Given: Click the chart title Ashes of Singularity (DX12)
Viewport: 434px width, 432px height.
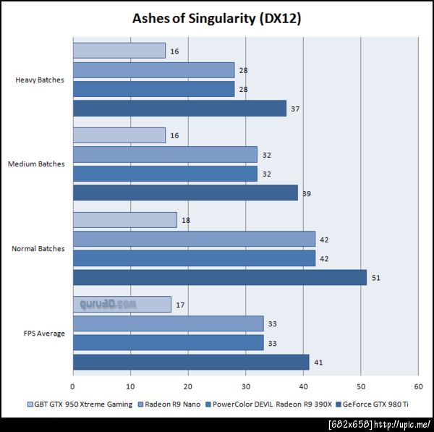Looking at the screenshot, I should [x=216, y=20].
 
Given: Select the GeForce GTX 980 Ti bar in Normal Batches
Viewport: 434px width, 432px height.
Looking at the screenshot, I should [x=220, y=277].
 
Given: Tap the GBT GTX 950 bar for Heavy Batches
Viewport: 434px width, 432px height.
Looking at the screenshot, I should [x=119, y=51].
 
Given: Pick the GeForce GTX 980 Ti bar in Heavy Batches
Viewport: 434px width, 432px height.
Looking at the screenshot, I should [x=179, y=109].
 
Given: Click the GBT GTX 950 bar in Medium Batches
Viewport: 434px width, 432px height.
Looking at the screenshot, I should [x=119, y=135].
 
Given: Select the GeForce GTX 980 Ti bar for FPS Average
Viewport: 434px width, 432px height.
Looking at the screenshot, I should [x=191, y=362].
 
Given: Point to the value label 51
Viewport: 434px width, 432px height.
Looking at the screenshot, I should [x=376, y=278].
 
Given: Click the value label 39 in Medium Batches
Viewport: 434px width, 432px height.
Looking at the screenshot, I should [x=307, y=193].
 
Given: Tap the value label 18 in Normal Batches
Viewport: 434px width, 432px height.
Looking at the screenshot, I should [x=186, y=220].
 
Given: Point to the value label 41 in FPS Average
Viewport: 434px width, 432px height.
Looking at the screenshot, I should [x=318, y=363].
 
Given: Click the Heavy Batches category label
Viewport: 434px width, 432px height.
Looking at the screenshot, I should [x=40, y=80].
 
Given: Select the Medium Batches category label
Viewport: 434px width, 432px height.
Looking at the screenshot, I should [x=36, y=164].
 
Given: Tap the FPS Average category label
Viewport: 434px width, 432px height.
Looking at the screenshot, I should [x=45, y=334].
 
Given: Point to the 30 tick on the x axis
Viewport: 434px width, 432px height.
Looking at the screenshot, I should [x=246, y=386].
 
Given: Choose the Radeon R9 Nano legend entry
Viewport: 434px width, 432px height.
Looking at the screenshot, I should [x=171, y=405].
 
